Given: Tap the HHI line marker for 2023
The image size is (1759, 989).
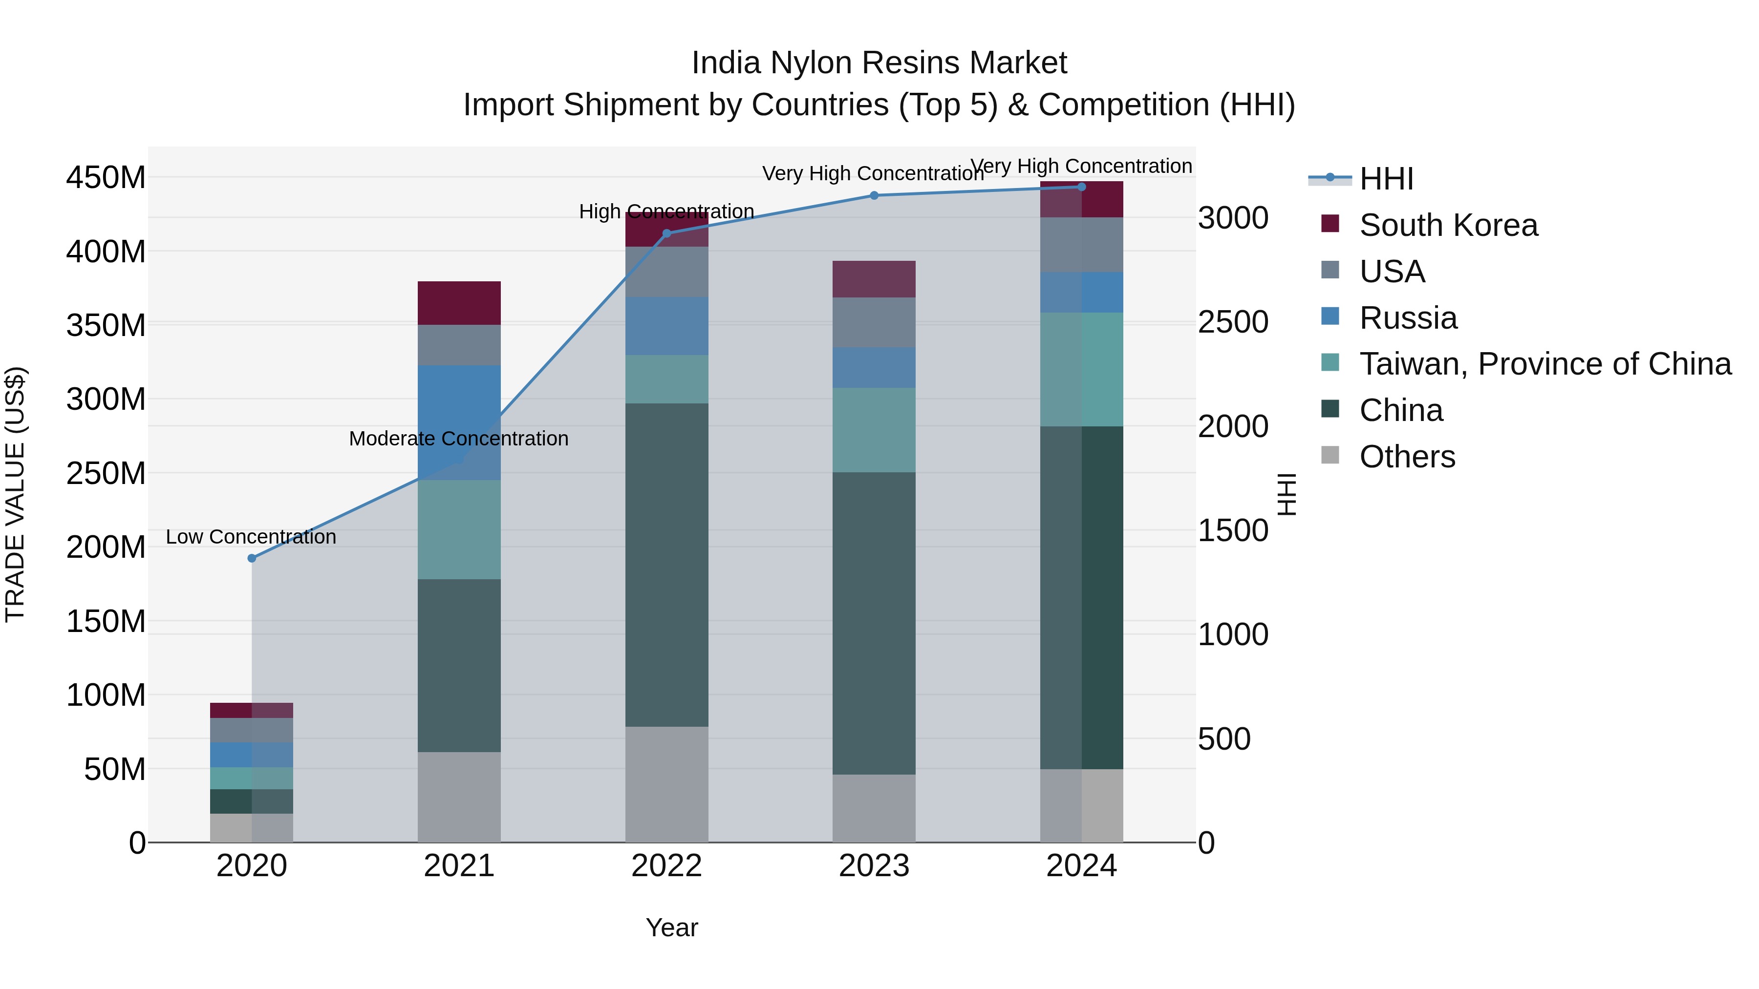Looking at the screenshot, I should click(x=874, y=196).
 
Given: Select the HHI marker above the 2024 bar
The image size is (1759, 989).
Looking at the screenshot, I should click(x=1082, y=187).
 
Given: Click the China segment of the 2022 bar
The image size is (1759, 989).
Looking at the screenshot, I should click(x=666, y=565).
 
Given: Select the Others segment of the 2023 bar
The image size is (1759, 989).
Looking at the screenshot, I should click(x=874, y=808).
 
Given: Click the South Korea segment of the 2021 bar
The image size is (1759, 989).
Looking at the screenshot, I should click(x=459, y=303).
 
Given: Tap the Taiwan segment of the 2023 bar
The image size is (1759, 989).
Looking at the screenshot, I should click(x=874, y=430).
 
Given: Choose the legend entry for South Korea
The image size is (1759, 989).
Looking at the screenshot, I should click(x=1448, y=225).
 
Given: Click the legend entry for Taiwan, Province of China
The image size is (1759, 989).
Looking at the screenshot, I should click(x=1544, y=364).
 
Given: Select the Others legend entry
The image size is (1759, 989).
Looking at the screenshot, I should click(x=1407, y=457).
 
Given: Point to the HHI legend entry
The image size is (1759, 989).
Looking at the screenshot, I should click(x=1386, y=179).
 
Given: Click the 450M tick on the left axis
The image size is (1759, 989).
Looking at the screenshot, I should click(x=106, y=177).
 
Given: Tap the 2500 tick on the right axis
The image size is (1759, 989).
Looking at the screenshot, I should click(x=1233, y=322).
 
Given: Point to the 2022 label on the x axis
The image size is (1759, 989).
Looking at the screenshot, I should click(x=666, y=866).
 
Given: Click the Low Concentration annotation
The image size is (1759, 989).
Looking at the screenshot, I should click(x=251, y=537).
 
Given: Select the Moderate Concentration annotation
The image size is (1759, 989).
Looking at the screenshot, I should click(x=459, y=439).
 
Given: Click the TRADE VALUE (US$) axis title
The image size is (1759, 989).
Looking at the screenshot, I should click(x=15, y=494).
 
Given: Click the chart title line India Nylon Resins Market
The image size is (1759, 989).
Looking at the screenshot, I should click(x=879, y=63).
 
